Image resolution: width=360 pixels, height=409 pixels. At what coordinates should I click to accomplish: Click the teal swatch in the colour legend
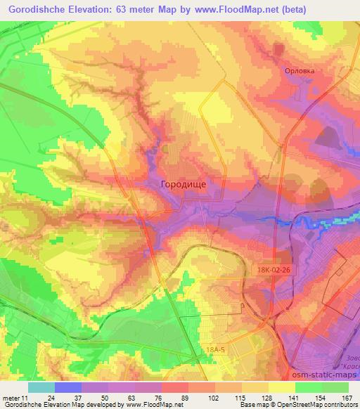[x=41, y=387]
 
